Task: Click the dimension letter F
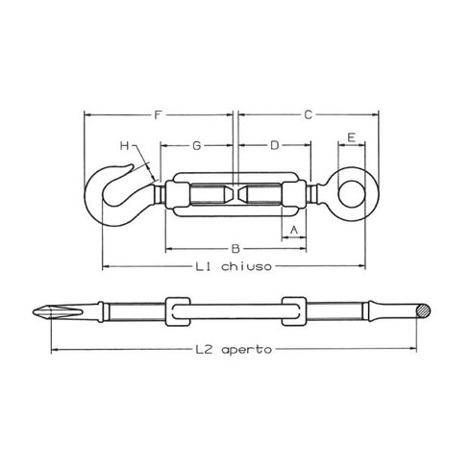point(157,114)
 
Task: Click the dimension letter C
point(308,114)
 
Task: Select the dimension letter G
point(197,146)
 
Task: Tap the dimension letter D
point(275,146)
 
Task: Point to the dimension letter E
point(352,137)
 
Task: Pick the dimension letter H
point(124,146)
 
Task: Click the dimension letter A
point(294,230)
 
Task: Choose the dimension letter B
point(235,249)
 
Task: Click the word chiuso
point(246,266)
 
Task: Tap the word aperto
point(246,349)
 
